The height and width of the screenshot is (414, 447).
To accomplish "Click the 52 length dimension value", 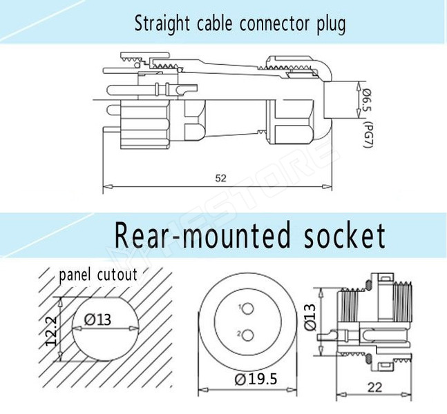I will pos(220,178).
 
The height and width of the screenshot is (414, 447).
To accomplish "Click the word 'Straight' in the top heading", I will pos(161,24).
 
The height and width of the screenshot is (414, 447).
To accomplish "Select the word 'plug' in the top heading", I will pos(330,25).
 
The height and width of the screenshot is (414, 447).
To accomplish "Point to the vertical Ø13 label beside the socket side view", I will pos(311,319).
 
